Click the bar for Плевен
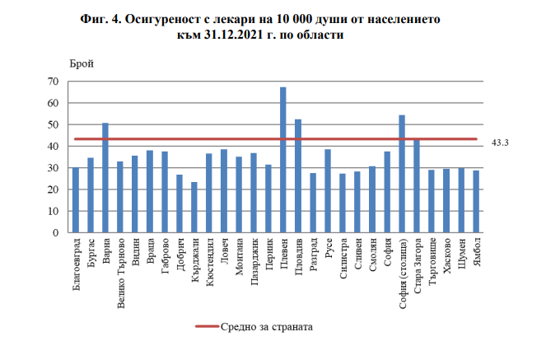tap(283, 160)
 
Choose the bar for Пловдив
tap(298, 176)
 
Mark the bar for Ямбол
tap(476, 202)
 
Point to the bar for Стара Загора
tap(417, 186)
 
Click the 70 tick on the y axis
tap(53, 82)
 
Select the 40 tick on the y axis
tap(53, 147)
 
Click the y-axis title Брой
tap(82, 63)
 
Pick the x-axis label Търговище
tap(432, 263)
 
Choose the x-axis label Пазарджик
tap(254, 263)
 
